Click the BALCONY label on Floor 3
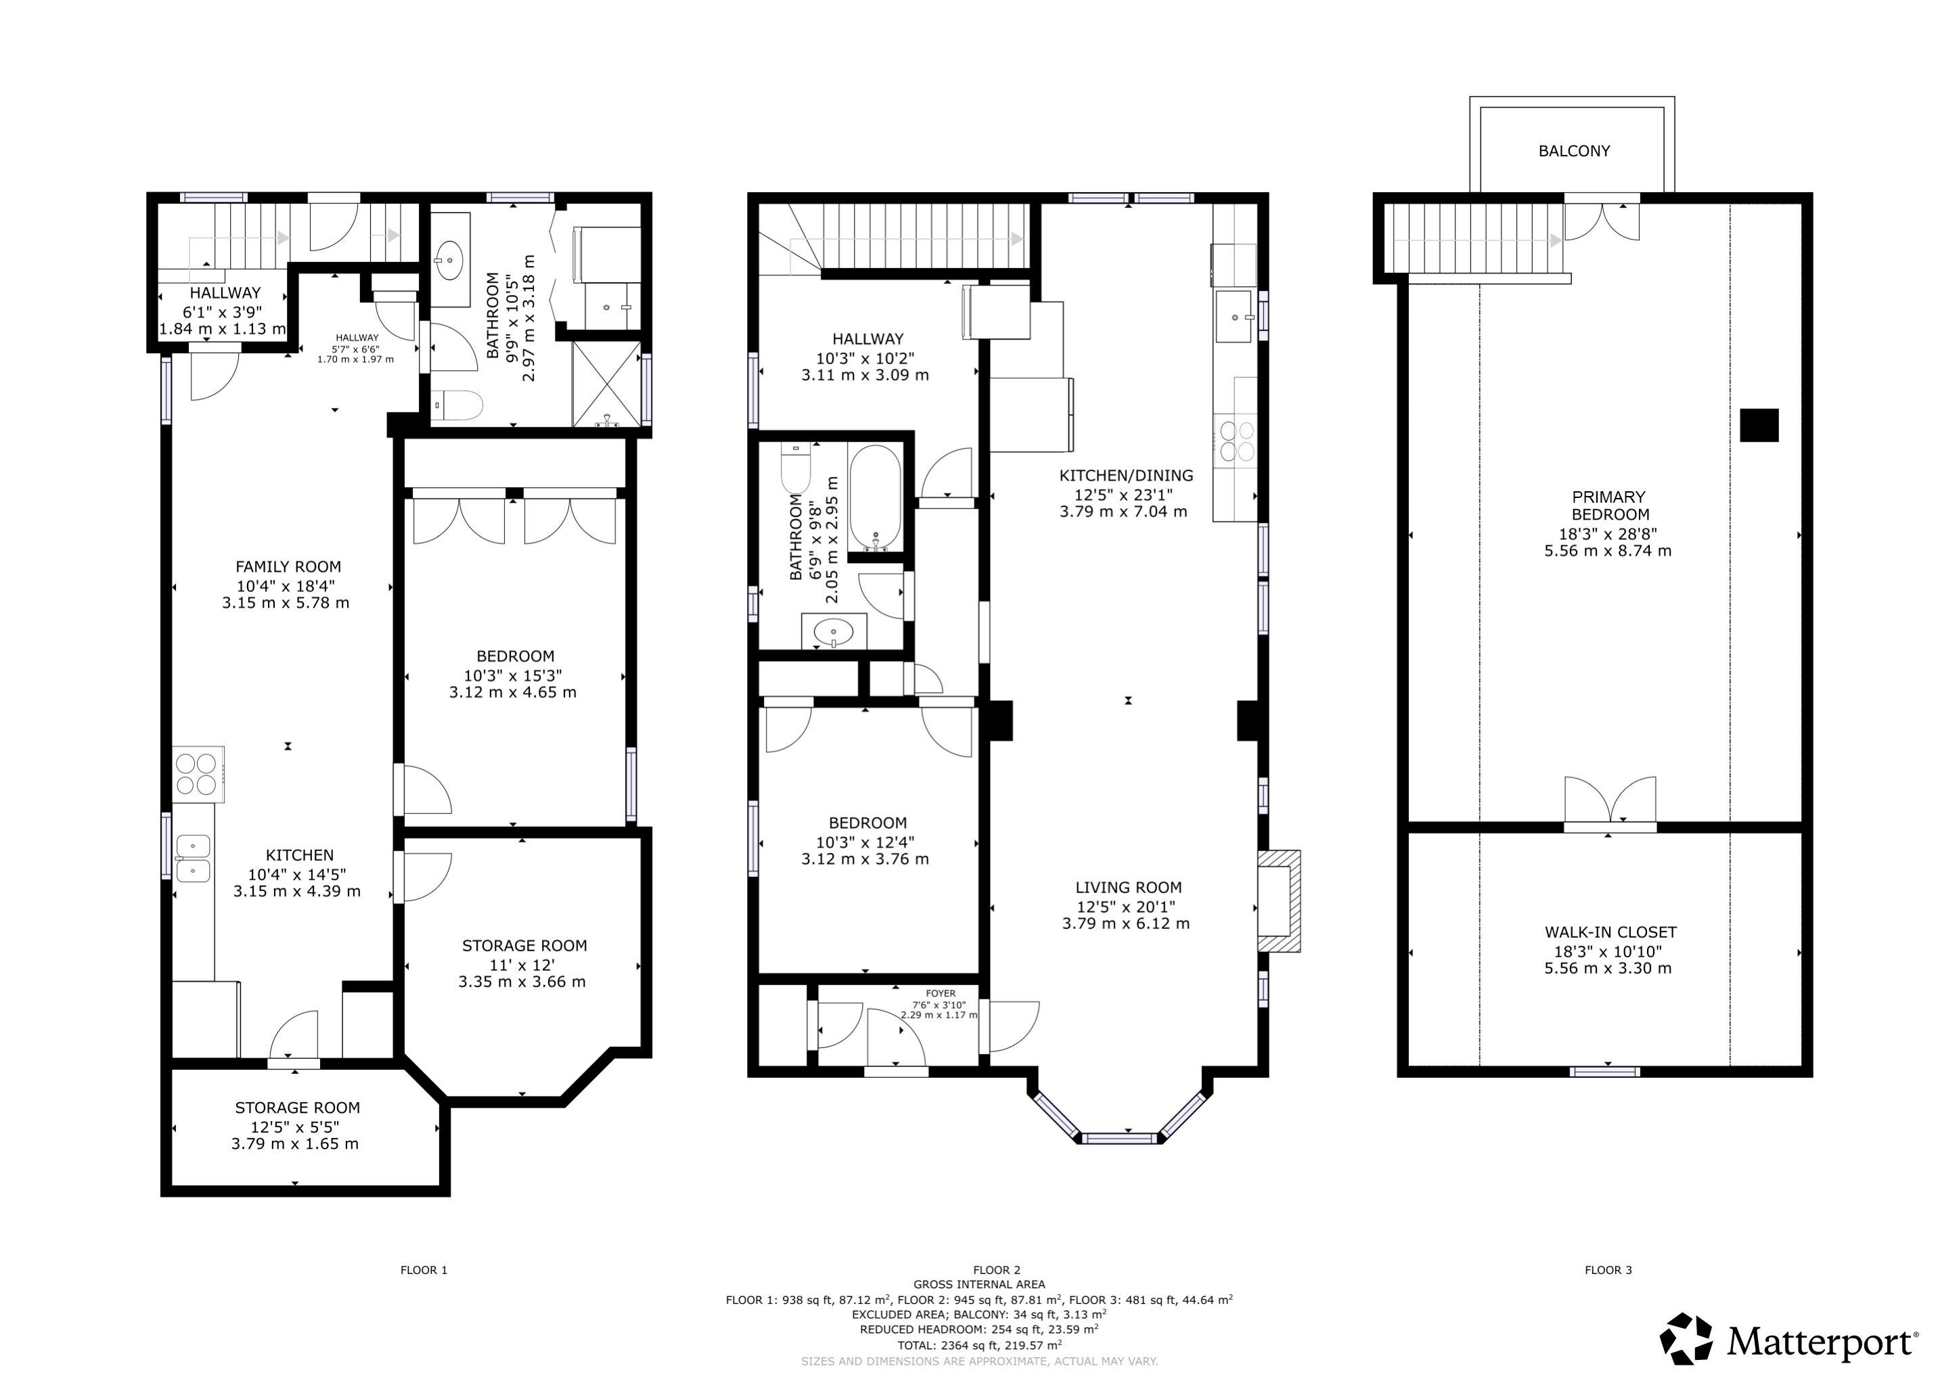(1573, 151)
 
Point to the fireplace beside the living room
(1279, 901)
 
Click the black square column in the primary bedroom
(1759, 425)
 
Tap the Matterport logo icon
(1686, 1339)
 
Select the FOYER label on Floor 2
(940, 993)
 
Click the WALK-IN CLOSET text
(1610, 933)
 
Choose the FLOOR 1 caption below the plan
(424, 1270)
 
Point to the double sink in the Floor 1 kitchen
(194, 859)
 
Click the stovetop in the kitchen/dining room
(1236, 440)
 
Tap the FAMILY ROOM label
(288, 566)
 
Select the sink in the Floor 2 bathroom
(834, 633)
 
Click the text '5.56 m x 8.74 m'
(1608, 551)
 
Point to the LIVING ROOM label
(1128, 888)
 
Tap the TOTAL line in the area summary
(978, 1345)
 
